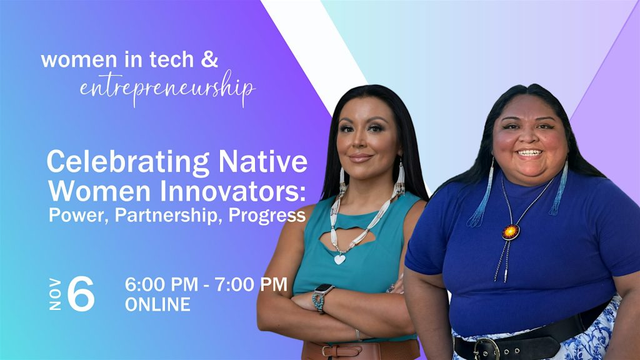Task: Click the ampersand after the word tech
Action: (x=209, y=59)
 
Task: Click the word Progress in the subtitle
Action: (x=267, y=216)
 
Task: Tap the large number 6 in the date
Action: (x=81, y=294)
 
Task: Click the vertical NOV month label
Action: (x=55, y=294)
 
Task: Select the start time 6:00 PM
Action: (x=162, y=284)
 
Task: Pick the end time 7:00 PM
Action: (x=251, y=284)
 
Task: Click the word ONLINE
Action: (x=157, y=304)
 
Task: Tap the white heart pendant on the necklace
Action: (x=339, y=259)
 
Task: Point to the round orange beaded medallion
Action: (x=511, y=232)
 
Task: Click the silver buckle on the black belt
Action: (x=486, y=349)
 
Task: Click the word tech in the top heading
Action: (x=171, y=59)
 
